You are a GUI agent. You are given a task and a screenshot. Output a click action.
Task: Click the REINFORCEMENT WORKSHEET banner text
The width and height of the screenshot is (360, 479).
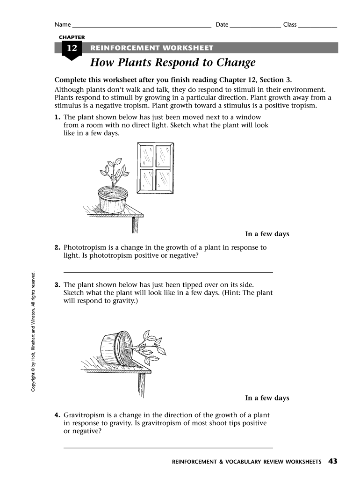pyautogui.click(x=151, y=48)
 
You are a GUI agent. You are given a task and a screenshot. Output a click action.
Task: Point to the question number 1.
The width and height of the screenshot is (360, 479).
pyautogui.click(x=57, y=117)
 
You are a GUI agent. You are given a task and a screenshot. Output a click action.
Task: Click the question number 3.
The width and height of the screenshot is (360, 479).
pyautogui.click(x=57, y=284)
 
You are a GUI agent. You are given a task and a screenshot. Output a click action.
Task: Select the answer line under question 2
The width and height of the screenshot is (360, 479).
pyautogui.click(x=168, y=272)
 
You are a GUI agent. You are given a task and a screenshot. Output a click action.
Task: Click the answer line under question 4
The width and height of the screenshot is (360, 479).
pyautogui.click(x=168, y=448)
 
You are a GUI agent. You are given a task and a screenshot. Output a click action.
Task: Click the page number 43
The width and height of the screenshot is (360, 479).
pyautogui.click(x=332, y=461)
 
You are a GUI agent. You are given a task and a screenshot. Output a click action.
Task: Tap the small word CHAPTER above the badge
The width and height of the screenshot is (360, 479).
pyautogui.click(x=72, y=37)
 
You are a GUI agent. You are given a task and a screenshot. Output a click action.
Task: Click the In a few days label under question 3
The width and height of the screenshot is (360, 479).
pyautogui.click(x=267, y=398)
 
